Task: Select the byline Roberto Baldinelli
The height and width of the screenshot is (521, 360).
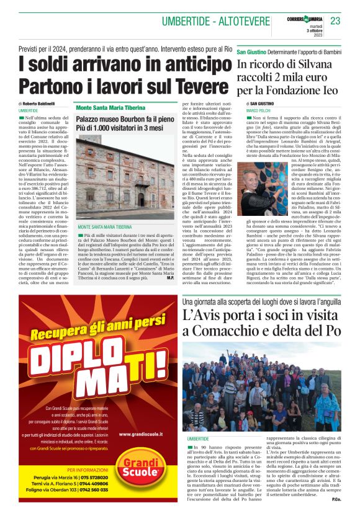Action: coord(39,103)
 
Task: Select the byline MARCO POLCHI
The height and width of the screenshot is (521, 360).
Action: coord(259,110)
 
